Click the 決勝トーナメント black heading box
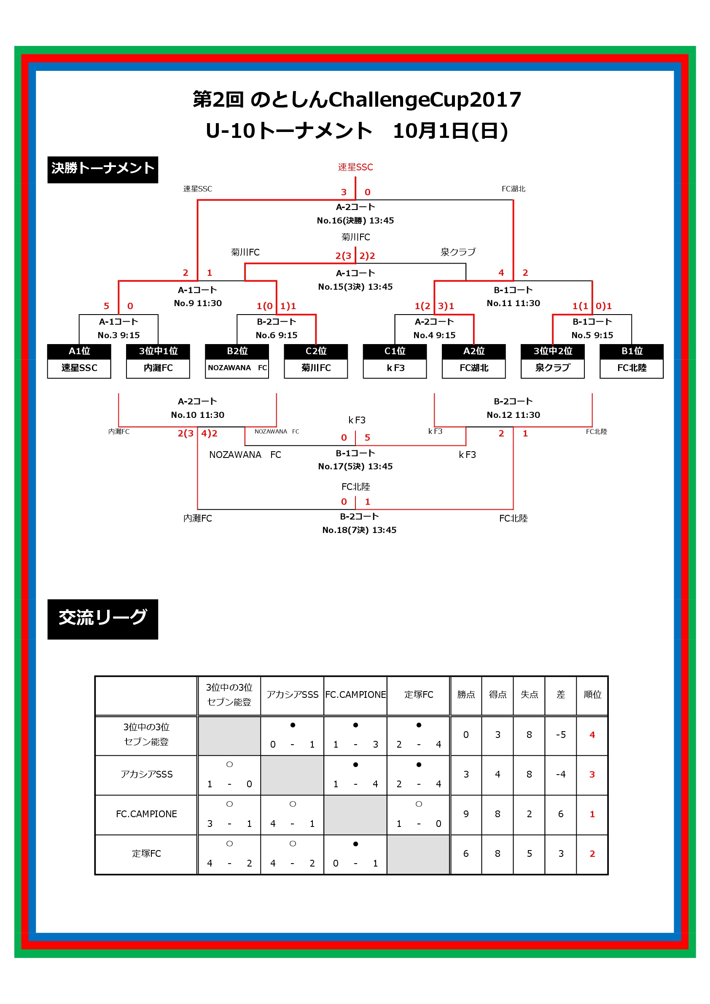[x=103, y=170]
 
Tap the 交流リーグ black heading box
[x=103, y=619]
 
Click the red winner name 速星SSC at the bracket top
[x=355, y=167]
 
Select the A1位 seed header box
[x=79, y=351]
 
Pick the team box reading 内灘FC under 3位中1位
[x=158, y=368]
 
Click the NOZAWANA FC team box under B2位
[x=237, y=368]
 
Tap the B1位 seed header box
[x=632, y=351]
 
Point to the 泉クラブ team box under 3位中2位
[x=553, y=368]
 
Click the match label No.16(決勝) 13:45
[x=355, y=221]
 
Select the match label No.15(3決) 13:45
[x=355, y=287]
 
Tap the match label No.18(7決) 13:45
[x=359, y=530]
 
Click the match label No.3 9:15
[x=118, y=335]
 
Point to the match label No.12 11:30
[x=513, y=415]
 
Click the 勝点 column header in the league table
[x=466, y=694]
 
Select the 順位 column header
[x=592, y=694]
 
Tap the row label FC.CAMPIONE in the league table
[x=146, y=814]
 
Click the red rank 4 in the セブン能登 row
[x=592, y=735]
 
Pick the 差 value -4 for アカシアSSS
[x=561, y=775]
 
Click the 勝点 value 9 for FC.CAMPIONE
[x=466, y=814]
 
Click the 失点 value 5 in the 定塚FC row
[x=530, y=853]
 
